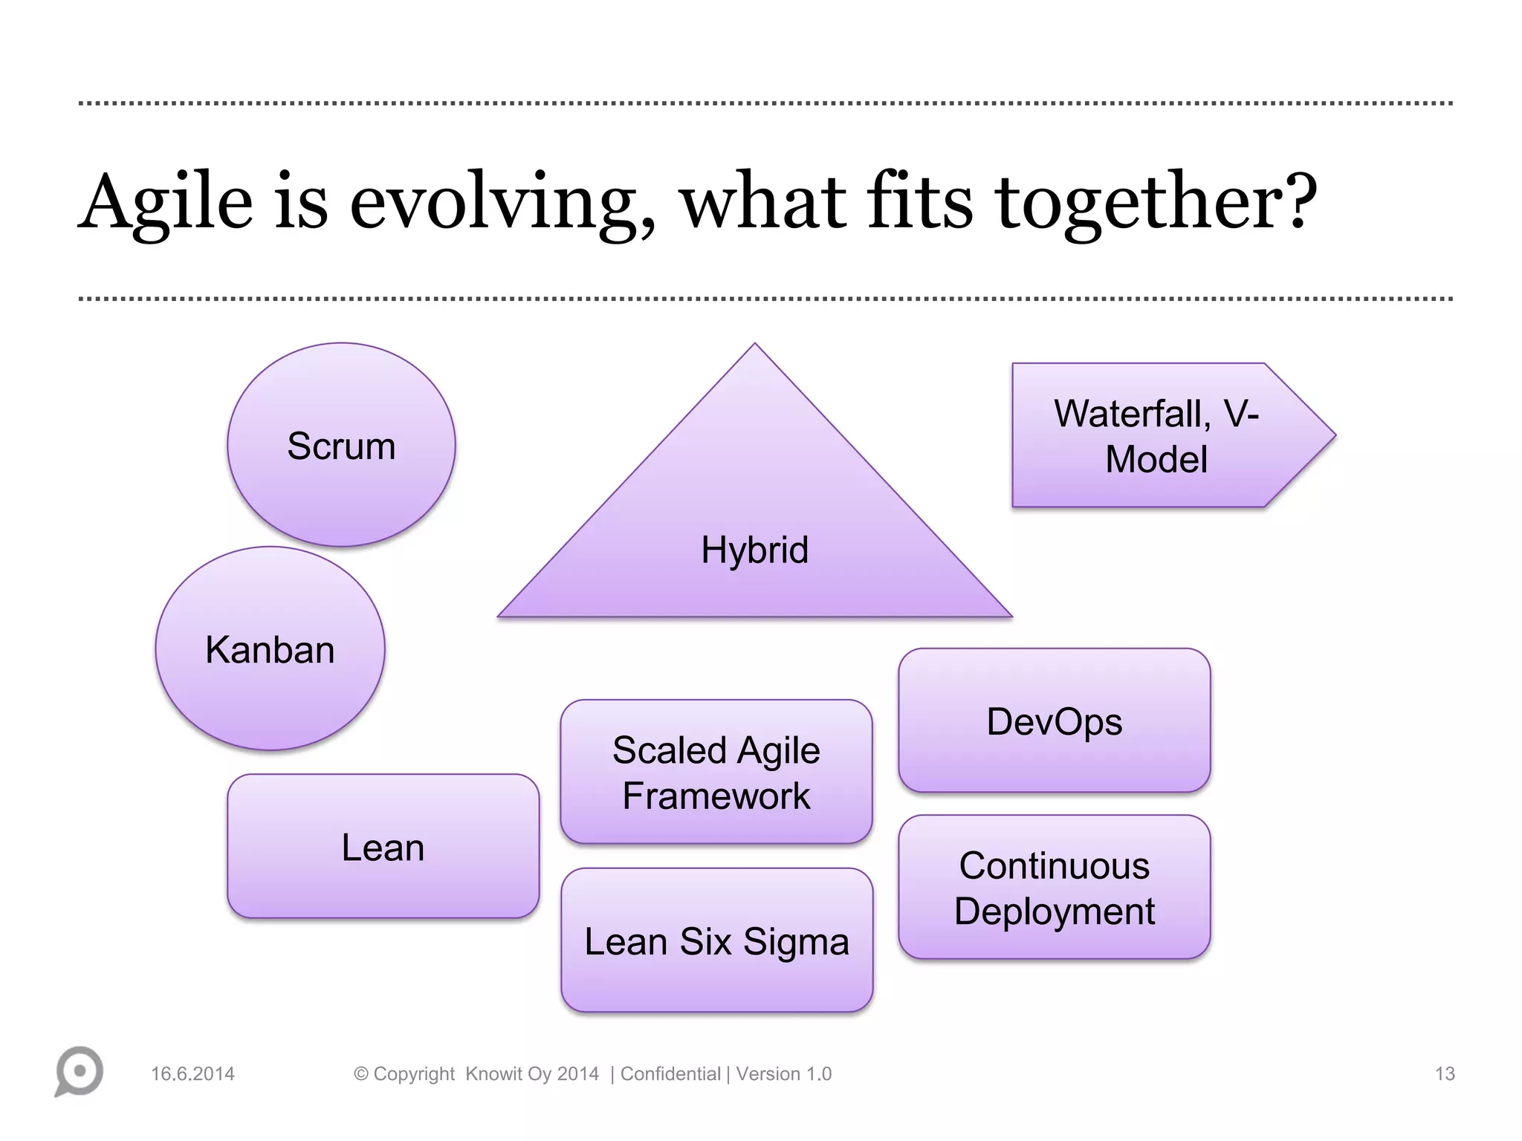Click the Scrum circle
(x=341, y=445)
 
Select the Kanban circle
(x=270, y=648)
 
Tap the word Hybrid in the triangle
(x=754, y=550)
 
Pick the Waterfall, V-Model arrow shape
(x=1156, y=436)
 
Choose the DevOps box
(x=1054, y=721)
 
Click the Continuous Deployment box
(x=1054, y=888)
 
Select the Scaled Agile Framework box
(x=716, y=772)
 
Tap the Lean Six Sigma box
(x=716, y=941)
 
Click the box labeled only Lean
(x=383, y=847)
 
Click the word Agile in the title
(x=166, y=202)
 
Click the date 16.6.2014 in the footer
(x=192, y=1074)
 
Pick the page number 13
(x=1444, y=1074)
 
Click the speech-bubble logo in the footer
(x=79, y=1071)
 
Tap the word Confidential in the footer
(x=670, y=1074)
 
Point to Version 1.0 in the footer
(x=783, y=1074)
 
